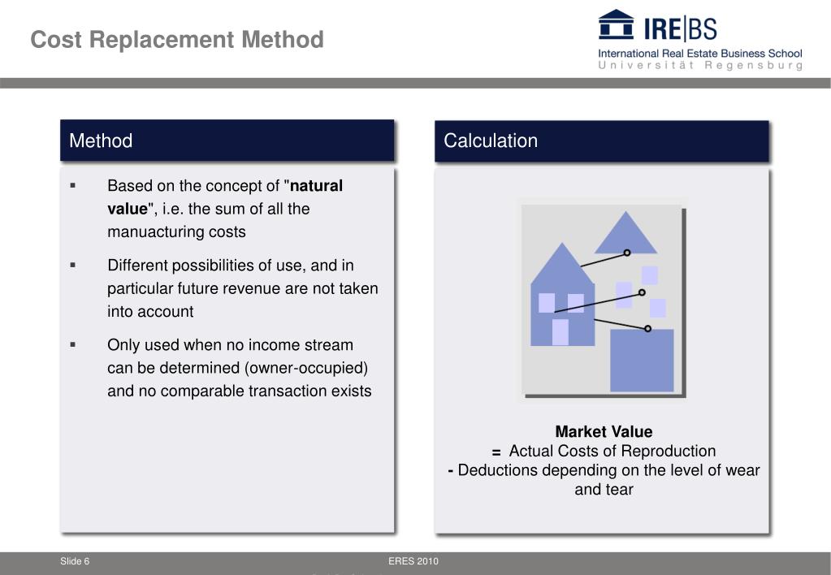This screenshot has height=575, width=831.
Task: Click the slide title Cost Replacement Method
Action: [177, 40]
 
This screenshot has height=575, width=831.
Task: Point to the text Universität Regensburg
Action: [699, 66]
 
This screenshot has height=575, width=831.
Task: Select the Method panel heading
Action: [101, 141]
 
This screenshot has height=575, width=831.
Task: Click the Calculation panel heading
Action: [491, 141]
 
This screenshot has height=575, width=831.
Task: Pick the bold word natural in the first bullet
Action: [318, 185]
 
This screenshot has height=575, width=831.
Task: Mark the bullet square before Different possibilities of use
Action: [73, 265]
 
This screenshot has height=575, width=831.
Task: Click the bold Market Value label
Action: [604, 431]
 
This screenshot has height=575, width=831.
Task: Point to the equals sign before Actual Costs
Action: [496, 452]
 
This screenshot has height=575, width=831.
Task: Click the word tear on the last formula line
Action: [617, 489]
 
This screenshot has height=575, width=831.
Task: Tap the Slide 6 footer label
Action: [75, 562]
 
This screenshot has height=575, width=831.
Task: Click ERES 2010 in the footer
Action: [413, 562]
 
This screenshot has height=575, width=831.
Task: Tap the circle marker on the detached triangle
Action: [627, 253]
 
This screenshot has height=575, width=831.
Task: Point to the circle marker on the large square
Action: [647, 328]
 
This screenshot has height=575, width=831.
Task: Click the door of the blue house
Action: [560, 331]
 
